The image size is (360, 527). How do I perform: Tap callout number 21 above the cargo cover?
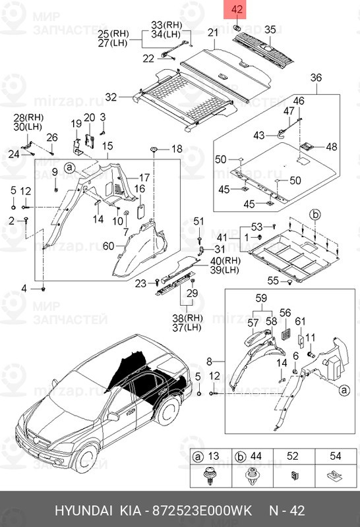pyautogui.click(x=212, y=33)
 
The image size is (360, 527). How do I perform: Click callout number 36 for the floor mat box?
pyautogui.click(x=316, y=78)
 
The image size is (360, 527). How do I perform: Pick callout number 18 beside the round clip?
pyautogui.click(x=176, y=150)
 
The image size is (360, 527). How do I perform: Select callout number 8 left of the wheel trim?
pyautogui.click(x=210, y=361)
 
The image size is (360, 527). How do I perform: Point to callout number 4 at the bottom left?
pyautogui.click(x=24, y=289)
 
